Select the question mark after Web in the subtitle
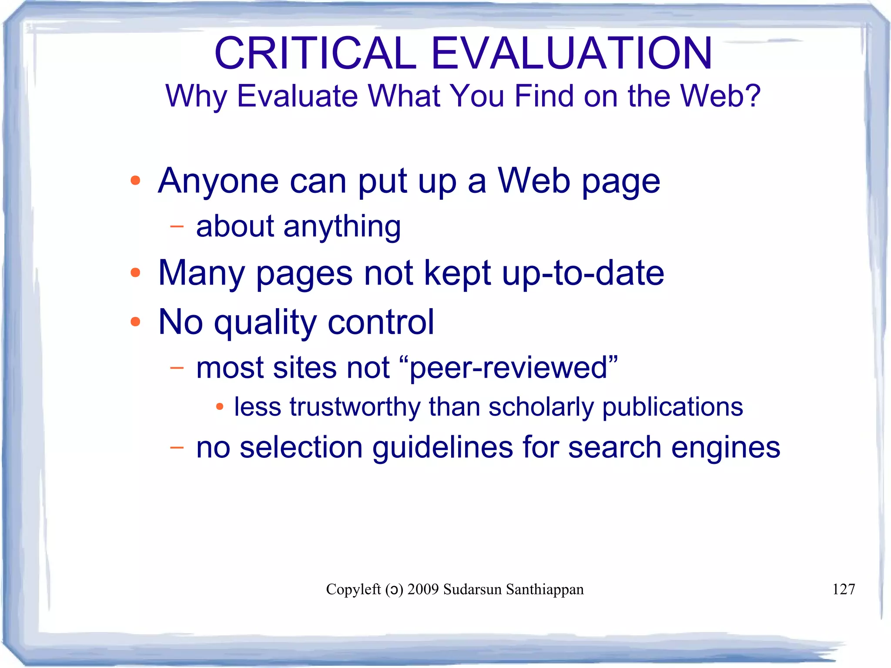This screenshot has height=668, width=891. pos(752,96)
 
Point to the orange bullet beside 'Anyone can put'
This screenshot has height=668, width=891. pos(135,181)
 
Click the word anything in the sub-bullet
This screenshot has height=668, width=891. pos(342,227)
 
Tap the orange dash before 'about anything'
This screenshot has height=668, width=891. pos(177,226)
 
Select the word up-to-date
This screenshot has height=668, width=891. pos(583,273)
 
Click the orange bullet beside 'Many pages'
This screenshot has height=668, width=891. pos(135,273)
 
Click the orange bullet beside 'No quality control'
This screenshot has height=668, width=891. pos(135,322)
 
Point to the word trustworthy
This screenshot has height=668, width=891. pos(355,407)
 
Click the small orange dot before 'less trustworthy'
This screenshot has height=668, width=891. pos(220,407)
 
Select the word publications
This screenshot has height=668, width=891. pos(673,407)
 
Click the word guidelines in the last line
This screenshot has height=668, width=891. pos(443,448)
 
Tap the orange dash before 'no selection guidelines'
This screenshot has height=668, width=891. pos(177,447)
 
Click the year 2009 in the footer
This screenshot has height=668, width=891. pos(423,589)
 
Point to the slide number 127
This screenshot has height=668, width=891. pos(844,589)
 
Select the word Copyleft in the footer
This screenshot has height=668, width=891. pos(353,589)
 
